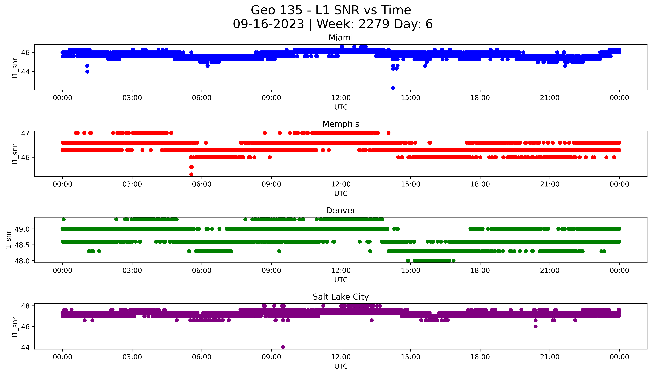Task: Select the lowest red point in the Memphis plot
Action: pyautogui.click(x=191, y=174)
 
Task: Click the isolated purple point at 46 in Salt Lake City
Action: pyautogui.click(x=536, y=326)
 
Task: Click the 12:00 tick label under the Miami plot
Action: pyautogui.click(x=341, y=98)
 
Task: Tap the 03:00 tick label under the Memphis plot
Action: pyautogui.click(x=132, y=184)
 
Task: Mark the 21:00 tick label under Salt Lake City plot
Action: pyautogui.click(x=550, y=357)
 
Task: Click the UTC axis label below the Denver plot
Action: pyautogui.click(x=341, y=280)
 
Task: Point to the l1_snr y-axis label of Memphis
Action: pyautogui.click(x=15, y=154)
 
